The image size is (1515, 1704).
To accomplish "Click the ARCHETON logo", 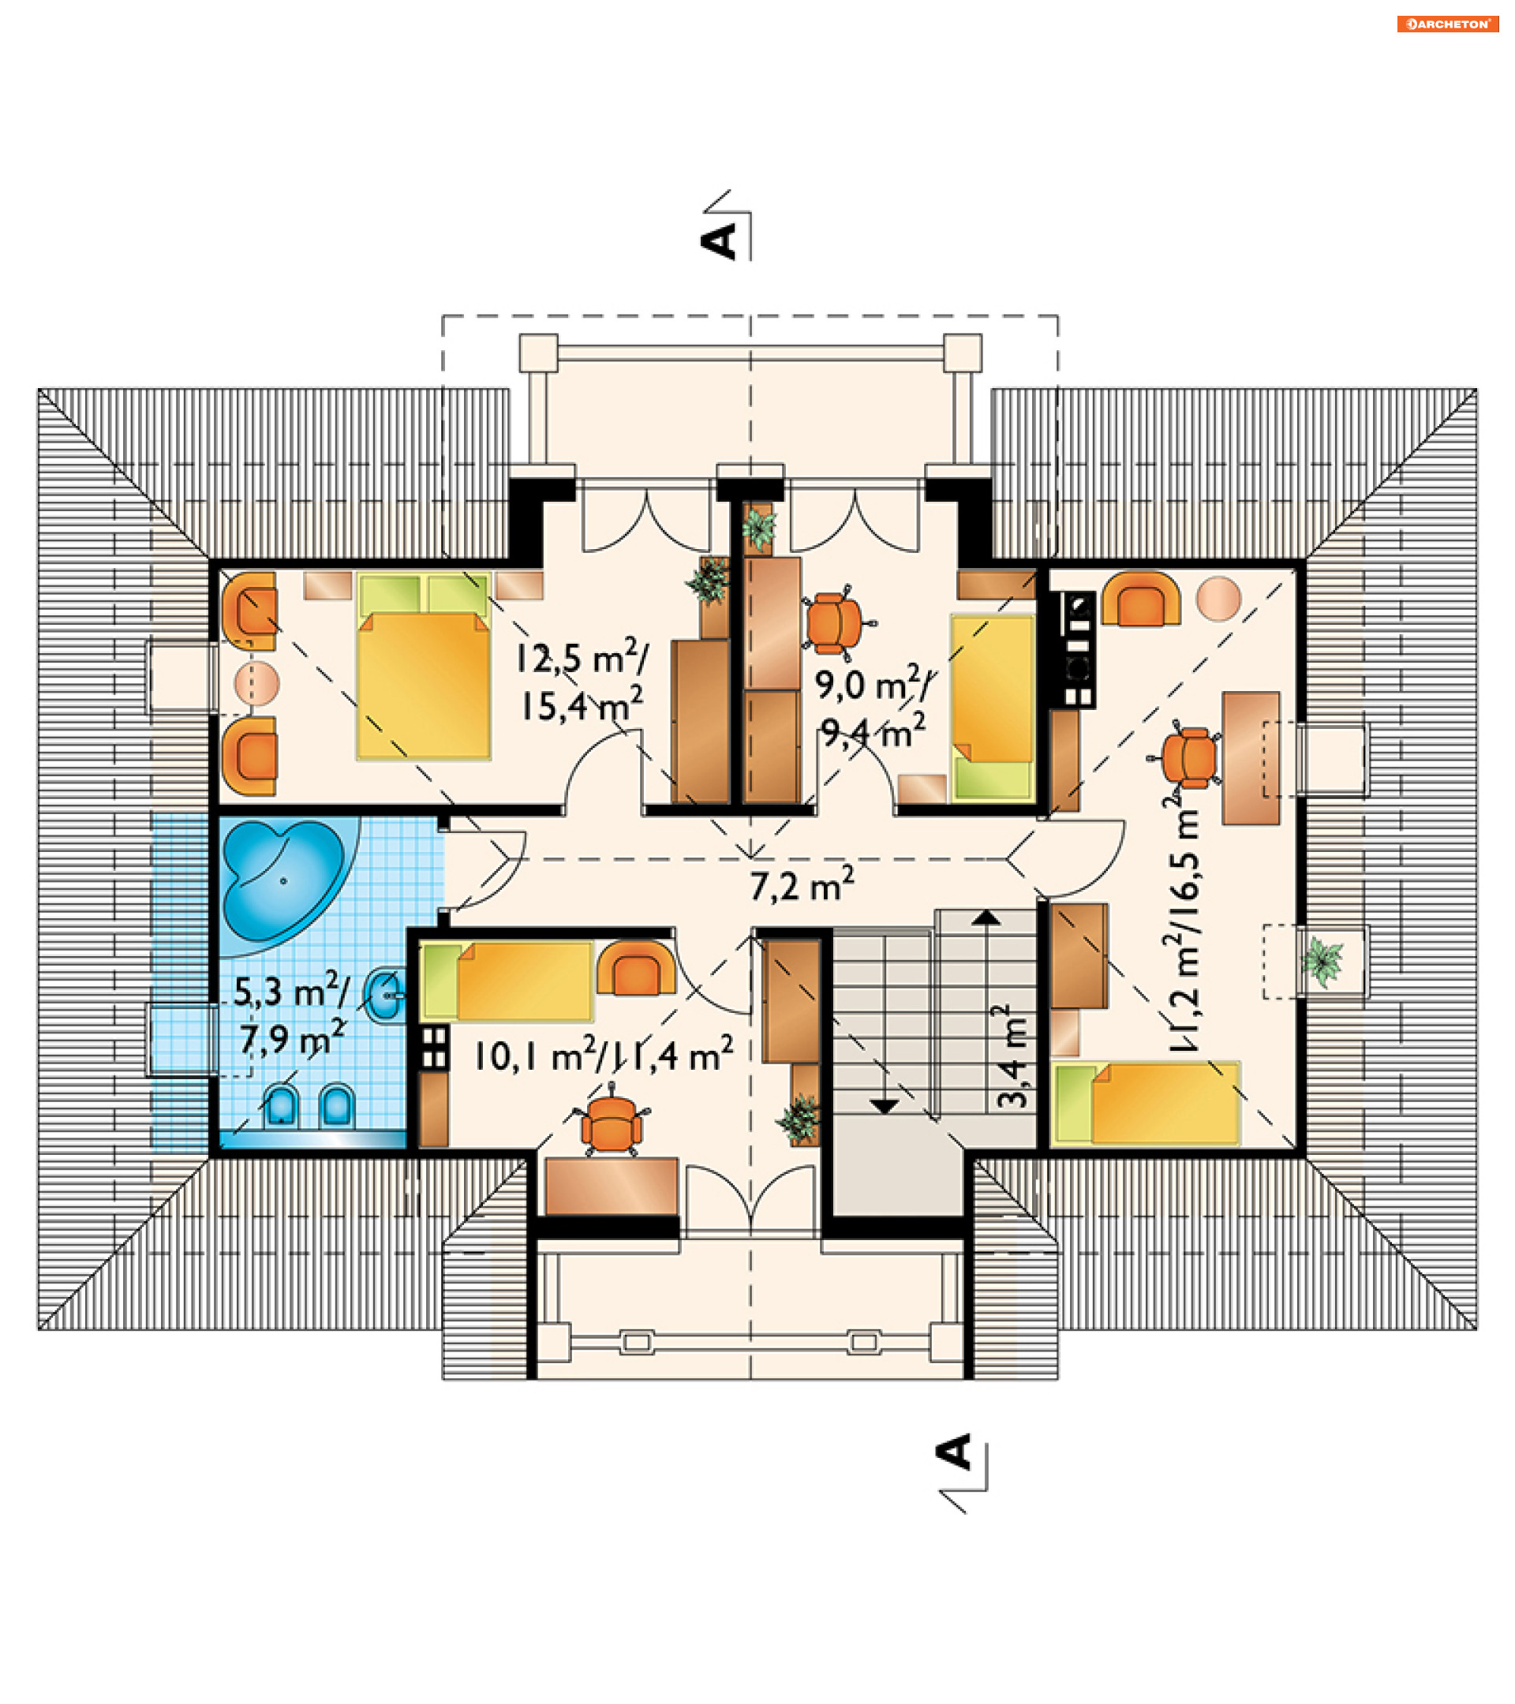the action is tap(1447, 24).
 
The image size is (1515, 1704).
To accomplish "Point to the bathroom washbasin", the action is tap(386, 994).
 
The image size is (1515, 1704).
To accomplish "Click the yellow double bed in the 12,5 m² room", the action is tap(423, 666).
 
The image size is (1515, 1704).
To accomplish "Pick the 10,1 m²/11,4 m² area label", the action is tap(604, 1055).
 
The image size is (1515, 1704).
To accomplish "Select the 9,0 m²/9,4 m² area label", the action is tap(873, 708).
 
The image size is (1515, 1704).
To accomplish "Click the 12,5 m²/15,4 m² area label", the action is tap(582, 680).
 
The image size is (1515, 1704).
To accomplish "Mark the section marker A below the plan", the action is tap(956, 1453).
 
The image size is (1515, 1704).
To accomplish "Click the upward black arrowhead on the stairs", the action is tap(986, 917).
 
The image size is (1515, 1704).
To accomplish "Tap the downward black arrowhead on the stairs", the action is tap(884, 1106).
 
